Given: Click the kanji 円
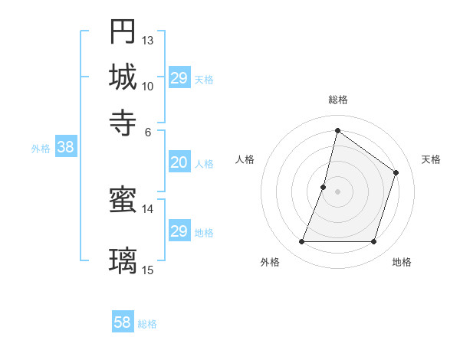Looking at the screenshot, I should [x=123, y=31].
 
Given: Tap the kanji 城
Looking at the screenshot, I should [x=123, y=77].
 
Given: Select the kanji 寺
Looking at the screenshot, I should [x=123, y=122].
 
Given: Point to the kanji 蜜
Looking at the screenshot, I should [x=123, y=201].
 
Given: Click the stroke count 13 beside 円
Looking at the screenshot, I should [x=148, y=40].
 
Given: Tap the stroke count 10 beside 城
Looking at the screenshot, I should [x=148, y=86].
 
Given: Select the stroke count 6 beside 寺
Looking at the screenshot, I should [x=148, y=131].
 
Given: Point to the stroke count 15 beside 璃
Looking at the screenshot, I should [x=148, y=270].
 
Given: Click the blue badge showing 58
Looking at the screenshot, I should [x=123, y=322].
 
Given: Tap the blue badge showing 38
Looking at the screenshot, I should [x=65, y=148].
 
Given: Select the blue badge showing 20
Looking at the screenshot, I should [x=179, y=162].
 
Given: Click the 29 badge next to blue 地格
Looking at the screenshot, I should [x=179, y=231].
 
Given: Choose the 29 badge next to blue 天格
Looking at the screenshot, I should [x=179, y=78].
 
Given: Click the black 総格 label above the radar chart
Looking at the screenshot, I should [x=337, y=100].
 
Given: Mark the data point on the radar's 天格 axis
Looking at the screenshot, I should [x=396, y=172].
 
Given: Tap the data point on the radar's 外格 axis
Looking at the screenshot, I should [x=301, y=242].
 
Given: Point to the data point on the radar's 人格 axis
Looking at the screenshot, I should [x=324, y=187].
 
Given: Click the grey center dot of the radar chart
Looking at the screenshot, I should [x=337, y=191].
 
